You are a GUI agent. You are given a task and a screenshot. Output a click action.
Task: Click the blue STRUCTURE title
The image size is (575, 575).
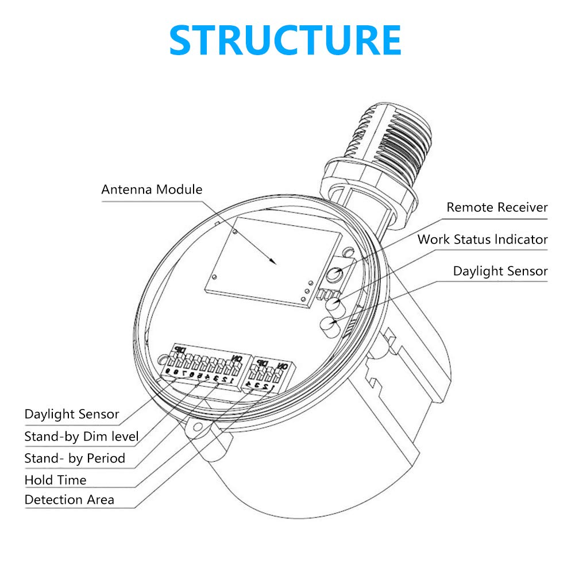pos(285,40)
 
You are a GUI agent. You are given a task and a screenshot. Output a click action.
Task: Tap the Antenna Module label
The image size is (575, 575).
pos(152,190)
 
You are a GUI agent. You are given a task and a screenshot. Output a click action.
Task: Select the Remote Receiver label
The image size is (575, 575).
pos(497,207)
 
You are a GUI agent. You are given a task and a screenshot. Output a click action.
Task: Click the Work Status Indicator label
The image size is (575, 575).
pos(483,240)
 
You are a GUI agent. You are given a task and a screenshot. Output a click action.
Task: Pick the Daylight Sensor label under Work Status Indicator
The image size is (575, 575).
pos(500,271)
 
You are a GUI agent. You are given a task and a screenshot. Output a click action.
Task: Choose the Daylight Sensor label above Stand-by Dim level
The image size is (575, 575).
pos(72,414)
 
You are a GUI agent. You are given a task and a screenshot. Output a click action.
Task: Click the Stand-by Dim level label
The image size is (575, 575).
pos(82,437)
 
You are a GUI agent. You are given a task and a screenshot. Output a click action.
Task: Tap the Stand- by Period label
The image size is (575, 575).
pos(75,458)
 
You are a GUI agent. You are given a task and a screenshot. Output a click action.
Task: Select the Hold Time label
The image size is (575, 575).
pos(55,480)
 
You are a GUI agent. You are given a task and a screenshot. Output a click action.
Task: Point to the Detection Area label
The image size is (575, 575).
pos(70,500)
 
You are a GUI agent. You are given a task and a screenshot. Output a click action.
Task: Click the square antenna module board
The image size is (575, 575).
pos(273,261)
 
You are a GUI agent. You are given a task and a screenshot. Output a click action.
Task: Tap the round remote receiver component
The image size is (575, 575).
pos(334,274)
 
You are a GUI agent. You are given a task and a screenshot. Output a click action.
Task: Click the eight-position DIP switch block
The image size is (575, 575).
pos(206,366)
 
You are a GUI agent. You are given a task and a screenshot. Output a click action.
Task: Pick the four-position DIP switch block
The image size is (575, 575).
pos(269,374)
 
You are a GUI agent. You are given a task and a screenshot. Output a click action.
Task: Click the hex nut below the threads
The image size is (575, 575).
pos(369,194)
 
